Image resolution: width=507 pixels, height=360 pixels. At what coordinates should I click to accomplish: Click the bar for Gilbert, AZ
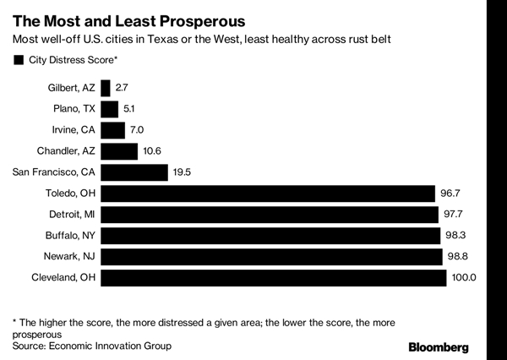(105, 88)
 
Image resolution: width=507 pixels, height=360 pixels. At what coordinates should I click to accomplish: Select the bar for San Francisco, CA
(134, 172)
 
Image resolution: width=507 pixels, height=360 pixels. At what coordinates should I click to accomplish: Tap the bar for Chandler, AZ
(118, 151)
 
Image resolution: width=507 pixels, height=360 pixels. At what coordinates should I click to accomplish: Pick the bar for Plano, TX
(109, 109)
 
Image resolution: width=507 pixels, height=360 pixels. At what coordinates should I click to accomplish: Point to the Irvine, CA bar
(112, 130)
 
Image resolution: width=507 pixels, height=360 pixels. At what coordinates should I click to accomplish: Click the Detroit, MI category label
(70, 215)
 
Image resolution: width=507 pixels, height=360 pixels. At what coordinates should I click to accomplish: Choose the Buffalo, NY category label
(70, 236)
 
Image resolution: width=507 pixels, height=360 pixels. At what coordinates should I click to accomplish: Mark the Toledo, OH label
(71, 194)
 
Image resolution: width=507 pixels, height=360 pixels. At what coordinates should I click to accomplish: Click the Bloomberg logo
(450, 346)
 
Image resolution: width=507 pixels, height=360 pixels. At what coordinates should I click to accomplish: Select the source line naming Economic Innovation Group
(91, 346)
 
